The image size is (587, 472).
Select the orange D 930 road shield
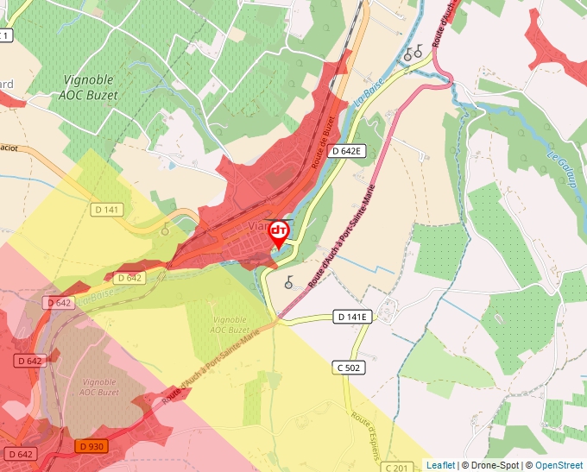pyautogui.click(x=91, y=446)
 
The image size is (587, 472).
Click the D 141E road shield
pyautogui.click(x=352, y=318)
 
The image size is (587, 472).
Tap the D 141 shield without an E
pyautogui.click(x=106, y=210)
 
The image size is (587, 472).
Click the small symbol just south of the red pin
pyautogui.click(x=288, y=281)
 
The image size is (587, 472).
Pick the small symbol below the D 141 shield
pyautogui.click(x=165, y=229)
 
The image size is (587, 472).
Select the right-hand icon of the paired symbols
pyautogui.click(x=419, y=52)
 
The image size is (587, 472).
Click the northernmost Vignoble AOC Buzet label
pyautogui.click(x=91, y=86)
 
